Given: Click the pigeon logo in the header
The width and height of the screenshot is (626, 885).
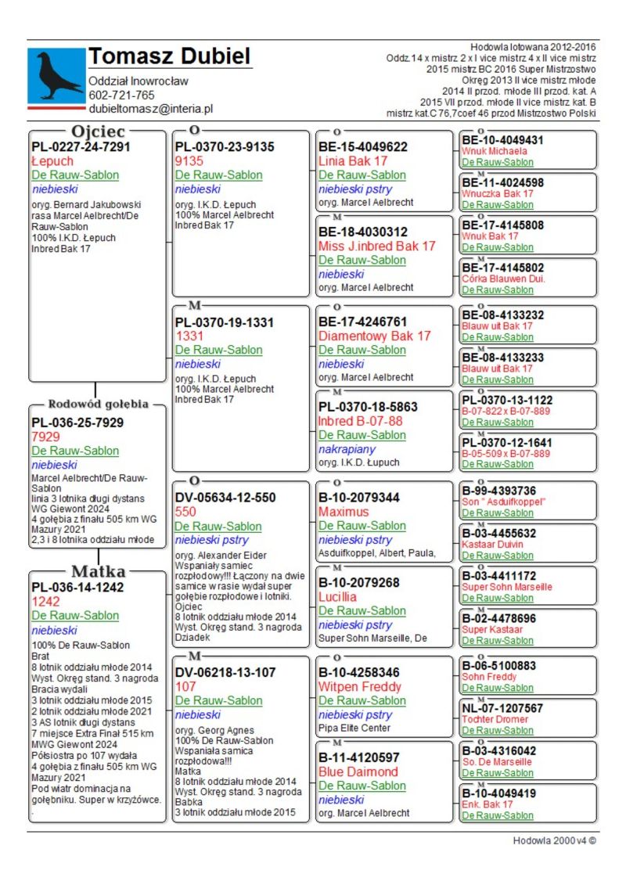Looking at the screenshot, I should tap(56, 75).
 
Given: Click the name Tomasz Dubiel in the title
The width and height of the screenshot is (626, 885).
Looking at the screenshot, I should tap(169, 56).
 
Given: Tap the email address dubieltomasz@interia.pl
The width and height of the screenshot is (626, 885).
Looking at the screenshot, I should tap(150, 110).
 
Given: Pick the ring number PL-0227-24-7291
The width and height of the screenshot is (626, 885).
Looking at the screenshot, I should tap(81, 146).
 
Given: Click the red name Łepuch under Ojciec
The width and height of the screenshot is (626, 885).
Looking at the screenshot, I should tap(52, 161).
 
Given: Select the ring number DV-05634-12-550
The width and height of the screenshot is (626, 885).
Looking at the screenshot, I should tap(225, 498).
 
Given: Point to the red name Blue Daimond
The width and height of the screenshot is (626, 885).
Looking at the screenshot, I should tap(358, 772).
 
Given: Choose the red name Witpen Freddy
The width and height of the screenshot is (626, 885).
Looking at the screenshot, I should tap(360, 687).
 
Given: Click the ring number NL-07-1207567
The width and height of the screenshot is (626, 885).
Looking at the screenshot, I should tap(502, 708).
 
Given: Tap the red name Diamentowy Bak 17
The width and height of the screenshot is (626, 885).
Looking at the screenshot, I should tap(374, 336).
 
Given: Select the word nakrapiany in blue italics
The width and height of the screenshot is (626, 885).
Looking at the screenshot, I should tap(347, 449).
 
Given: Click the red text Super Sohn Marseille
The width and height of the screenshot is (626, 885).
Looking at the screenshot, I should tap(506, 587).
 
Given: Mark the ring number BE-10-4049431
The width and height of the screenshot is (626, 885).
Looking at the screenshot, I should tap(502, 140).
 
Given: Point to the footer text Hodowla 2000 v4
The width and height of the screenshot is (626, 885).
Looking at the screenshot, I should tap(554, 841).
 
